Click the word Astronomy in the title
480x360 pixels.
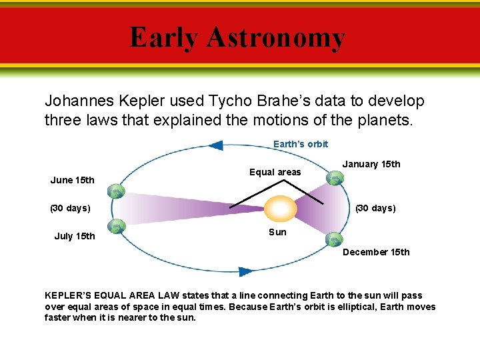click(276, 38)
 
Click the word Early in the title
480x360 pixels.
click(164, 38)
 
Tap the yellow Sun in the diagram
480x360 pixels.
click(281, 209)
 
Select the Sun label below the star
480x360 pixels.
click(277, 232)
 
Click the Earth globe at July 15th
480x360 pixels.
click(117, 227)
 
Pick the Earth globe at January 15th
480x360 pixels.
click(335, 178)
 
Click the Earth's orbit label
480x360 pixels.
click(301, 144)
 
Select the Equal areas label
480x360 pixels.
click(275, 172)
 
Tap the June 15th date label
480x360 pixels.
click(73, 180)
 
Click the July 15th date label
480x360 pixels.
click(75, 236)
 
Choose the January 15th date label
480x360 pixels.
click(371, 164)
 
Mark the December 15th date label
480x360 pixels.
click(376, 252)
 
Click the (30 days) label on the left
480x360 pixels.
click(71, 208)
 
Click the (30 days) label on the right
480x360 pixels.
click(375, 208)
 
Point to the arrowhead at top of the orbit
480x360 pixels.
click(216, 145)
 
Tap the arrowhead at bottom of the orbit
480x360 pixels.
click(245, 271)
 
